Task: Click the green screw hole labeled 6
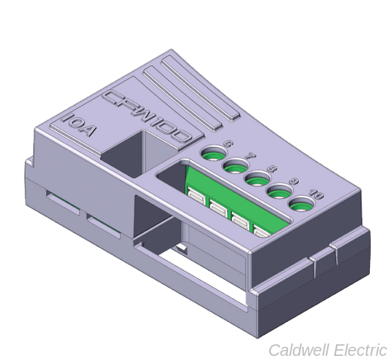(213, 154)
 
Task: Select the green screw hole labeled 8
(257, 178)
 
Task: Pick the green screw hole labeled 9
(279, 191)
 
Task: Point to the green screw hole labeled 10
(301, 202)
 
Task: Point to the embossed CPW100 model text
(147, 116)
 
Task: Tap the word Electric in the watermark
(357, 349)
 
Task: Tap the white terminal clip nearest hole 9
(263, 231)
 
